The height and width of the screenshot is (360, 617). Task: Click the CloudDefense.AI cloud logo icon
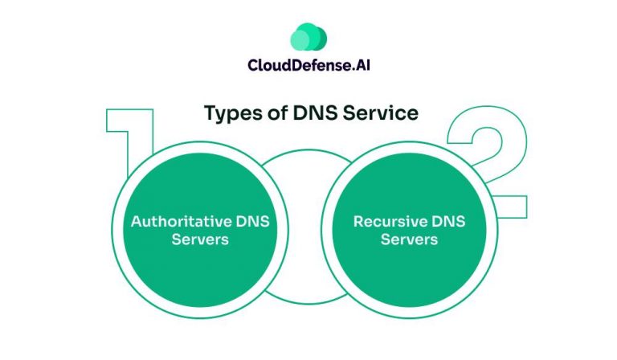(308, 36)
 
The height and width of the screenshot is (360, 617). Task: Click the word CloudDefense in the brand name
(292, 65)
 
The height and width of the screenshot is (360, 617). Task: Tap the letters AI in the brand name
(360, 65)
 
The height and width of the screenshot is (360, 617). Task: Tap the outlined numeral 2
(491, 153)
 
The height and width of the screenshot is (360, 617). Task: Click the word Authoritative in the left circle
(176, 221)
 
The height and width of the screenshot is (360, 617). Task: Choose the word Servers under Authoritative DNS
(200, 239)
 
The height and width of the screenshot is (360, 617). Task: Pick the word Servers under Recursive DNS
(409, 239)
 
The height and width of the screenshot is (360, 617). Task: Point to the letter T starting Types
(210, 113)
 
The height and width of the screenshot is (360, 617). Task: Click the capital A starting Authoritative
(137, 221)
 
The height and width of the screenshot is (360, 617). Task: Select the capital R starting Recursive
(358, 221)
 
